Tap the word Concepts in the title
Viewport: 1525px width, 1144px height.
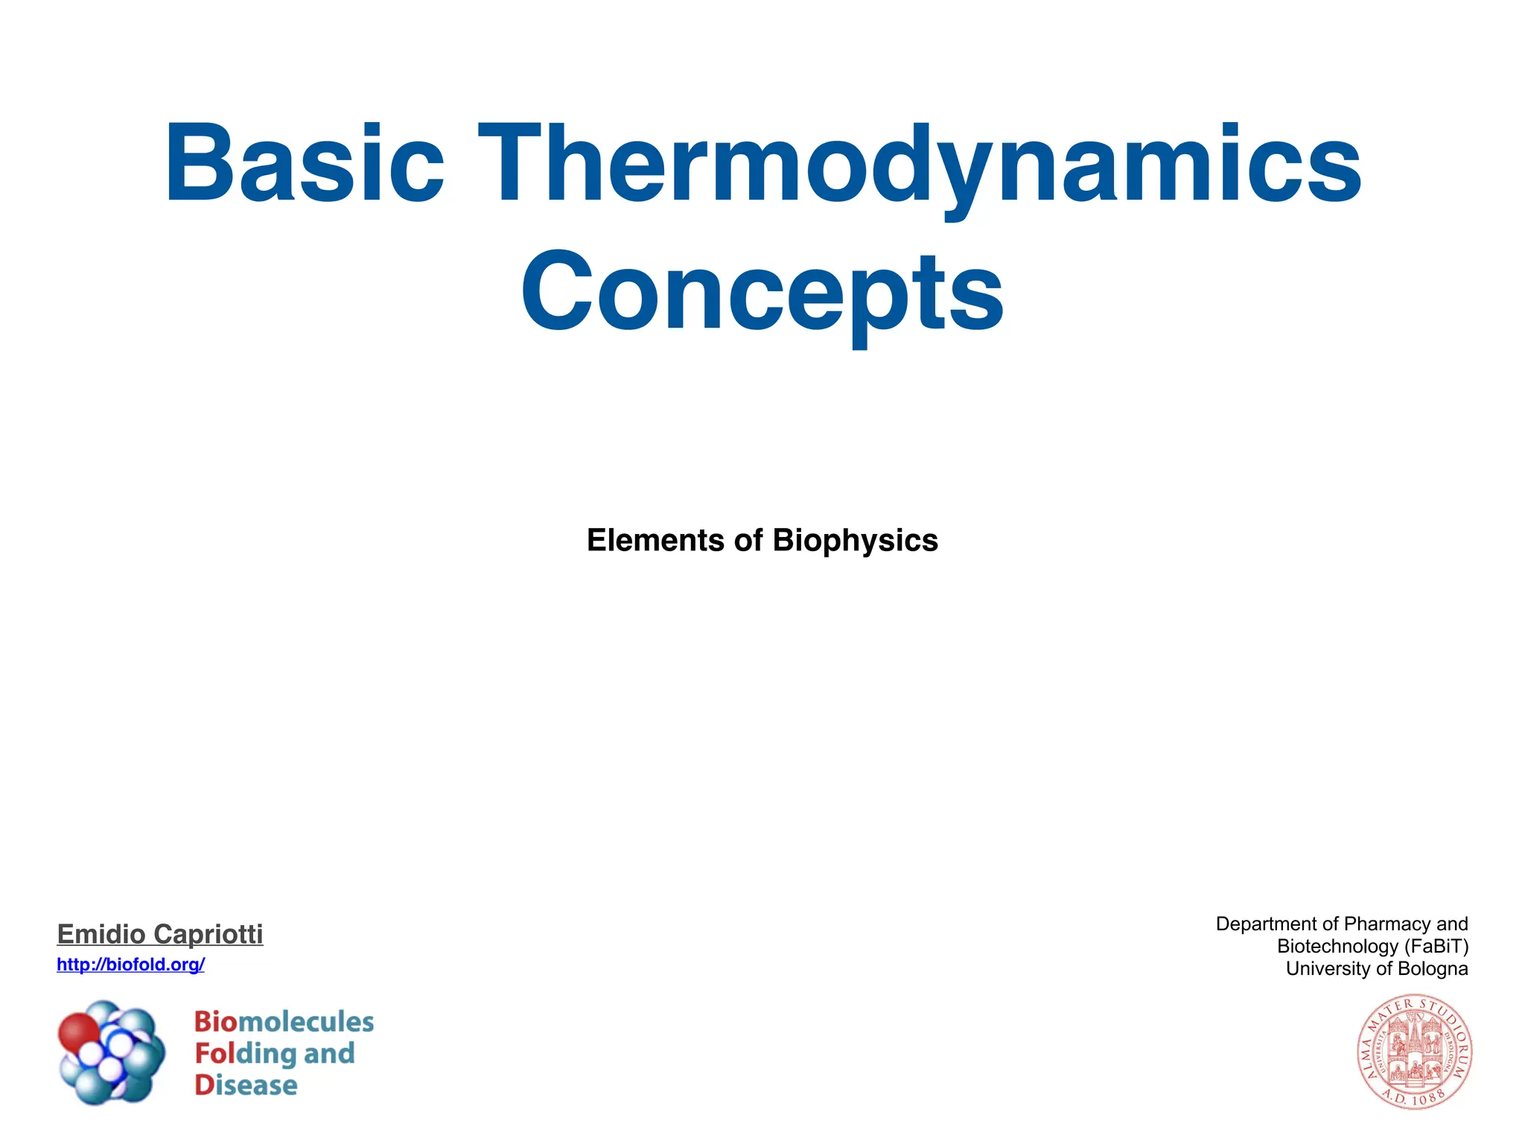[762, 292]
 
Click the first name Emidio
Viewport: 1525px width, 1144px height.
[101, 934]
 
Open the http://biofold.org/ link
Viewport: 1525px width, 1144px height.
[130, 965]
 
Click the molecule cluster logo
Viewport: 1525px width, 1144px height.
[112, 1052]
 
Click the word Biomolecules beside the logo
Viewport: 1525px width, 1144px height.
[284, 1022]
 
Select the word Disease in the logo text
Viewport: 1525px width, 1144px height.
[246, 1085]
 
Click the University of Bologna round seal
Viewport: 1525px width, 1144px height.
[1413, 1052]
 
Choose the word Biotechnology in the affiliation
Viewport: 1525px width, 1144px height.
[1337, 947]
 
